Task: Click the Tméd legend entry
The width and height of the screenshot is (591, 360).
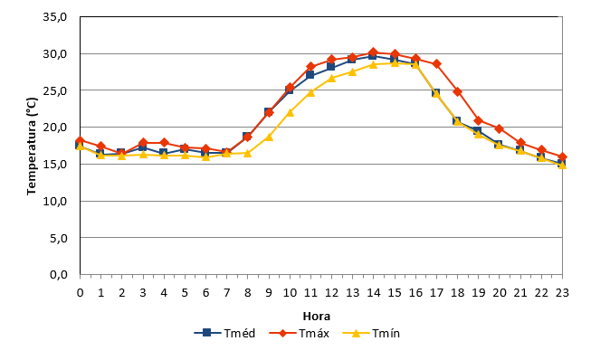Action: click(x=225, y=333)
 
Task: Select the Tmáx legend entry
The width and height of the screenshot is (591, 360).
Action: click(x=300, y=333)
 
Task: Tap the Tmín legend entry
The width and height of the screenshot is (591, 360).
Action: click(x=371, y=333)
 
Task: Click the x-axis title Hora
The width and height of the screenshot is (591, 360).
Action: click(x=317, y=317)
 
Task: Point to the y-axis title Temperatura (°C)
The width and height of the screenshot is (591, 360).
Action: click(x=32, y=147)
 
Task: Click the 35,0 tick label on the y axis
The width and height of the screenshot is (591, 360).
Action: click(x=55, y=17)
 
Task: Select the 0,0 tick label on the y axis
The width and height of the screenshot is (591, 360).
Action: click(x=59, y=275)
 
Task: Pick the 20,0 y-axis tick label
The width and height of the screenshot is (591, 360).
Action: click(x=55, y=128)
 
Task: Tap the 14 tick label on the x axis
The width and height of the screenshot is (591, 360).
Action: click(x=374, y=292)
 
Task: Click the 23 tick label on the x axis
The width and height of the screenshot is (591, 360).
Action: click(x=562, y=292)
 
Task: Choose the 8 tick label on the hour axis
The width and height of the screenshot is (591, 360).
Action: click(x=248, y=292)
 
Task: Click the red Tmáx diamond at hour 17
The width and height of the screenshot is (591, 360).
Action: click(x=436, y=63)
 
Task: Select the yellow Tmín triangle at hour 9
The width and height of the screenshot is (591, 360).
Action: click(x=269, y=137)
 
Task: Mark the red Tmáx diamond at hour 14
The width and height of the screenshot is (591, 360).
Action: click(x=374, y=52)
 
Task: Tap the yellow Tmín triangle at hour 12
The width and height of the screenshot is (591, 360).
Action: click(x=331, y=78)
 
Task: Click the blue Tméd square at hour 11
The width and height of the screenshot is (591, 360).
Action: click(x=310, y=74)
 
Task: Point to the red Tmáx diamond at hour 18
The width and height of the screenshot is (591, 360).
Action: click(x=458, y=91)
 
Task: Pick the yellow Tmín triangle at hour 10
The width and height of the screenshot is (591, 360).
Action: click(x=290, y=112)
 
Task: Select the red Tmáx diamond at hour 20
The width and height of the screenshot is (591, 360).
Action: click(x=500, y=128)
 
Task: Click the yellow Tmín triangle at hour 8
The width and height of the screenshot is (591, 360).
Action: click(x=248, y=153)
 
